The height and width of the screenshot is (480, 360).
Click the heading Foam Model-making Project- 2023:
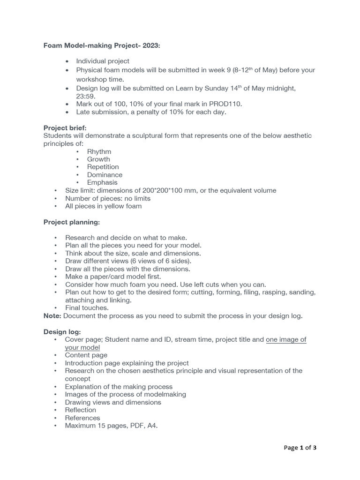tap(102, 45)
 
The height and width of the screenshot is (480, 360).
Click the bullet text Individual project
tap(103, 61)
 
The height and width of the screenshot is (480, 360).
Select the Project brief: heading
tap(65, 128)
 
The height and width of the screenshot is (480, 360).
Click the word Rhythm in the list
tap(99, 151)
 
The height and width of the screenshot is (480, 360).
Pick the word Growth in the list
tap(98, 159)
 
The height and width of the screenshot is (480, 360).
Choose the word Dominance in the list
tap(105, 175)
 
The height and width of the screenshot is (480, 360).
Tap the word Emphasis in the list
tap(102, 182)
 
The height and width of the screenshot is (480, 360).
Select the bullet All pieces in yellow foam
tap(103, 206)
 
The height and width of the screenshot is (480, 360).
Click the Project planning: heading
tap(72, 222)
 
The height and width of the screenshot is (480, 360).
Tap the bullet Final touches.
tap(87, 308)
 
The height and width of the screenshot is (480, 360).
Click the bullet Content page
tap(86, 355)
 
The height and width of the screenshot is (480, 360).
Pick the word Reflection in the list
tap(80, 410)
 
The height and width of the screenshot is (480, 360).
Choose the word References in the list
tap(82, 418)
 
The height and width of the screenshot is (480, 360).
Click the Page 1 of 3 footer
tap(300, 448)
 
